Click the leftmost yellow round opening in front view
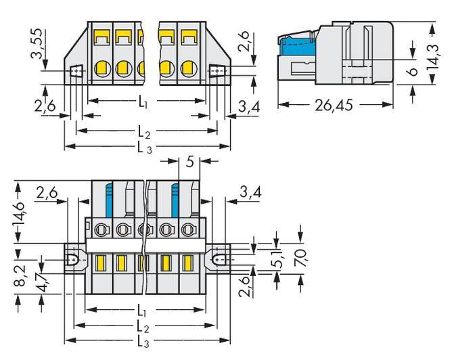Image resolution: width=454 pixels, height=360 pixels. (x=102, y=68)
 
